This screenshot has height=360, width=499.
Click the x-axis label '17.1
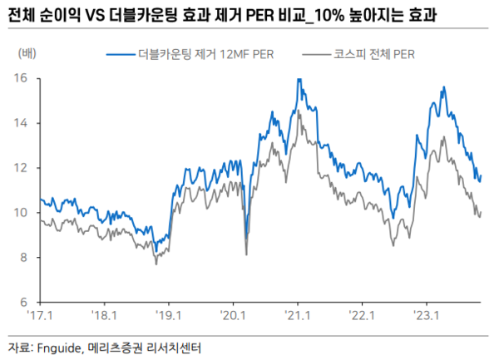pos(40,316)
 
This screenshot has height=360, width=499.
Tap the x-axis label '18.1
pos(105,316)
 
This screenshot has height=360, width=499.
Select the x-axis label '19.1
pos(169,316)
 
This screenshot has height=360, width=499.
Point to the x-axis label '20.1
pos(234,316)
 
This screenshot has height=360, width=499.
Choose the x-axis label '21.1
pos(298,316)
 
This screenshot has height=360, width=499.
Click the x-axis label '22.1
pos(363,316)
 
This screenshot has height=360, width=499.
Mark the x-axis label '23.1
pos(427,316)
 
